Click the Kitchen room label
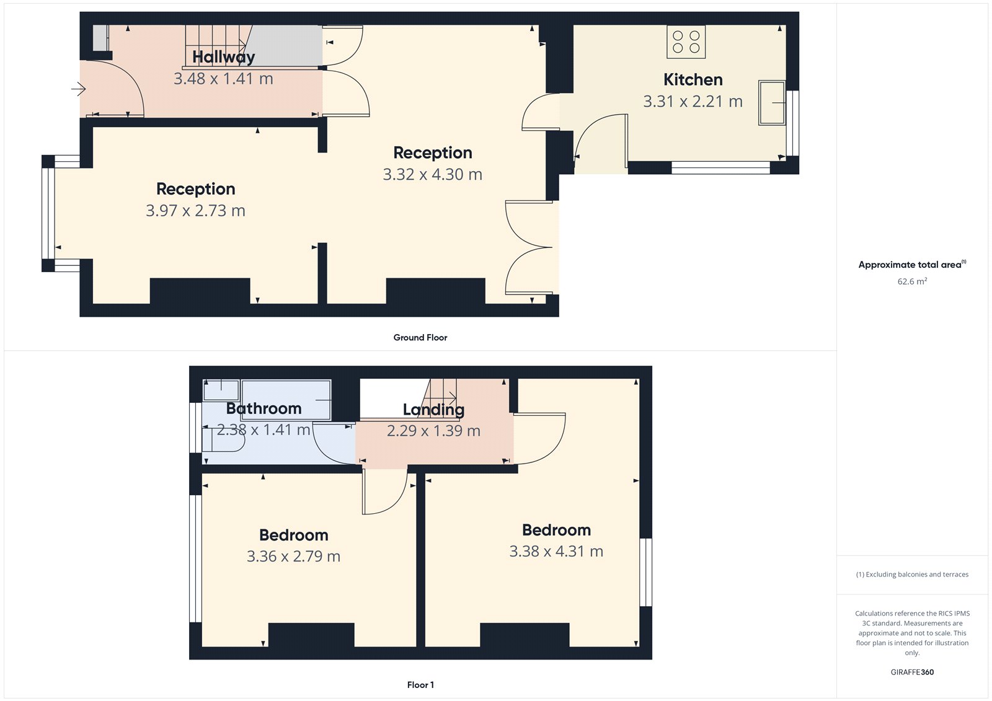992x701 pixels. pos(693,80)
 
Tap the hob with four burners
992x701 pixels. pos(686,42)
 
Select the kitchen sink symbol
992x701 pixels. pos(772,102)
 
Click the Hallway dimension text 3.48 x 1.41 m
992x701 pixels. pos(223,79)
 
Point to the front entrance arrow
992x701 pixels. pos(78,89)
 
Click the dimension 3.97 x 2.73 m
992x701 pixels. pos(195,211)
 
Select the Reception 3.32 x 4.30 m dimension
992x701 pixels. pos(432,175)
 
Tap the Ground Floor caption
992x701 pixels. pos(420,338)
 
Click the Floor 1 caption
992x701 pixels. pos(420,685)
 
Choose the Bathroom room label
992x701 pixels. pos(263,408)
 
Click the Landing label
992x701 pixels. pos(433,410)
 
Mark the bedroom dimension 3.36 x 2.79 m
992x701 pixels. pos(293,557)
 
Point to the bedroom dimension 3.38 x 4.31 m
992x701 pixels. pos(556,552)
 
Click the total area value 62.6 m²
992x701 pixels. pos(912,281)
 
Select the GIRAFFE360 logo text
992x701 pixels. pos(912,672)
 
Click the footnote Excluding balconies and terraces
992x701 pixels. pos(912,575)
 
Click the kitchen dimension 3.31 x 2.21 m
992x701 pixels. pos(693,102)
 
